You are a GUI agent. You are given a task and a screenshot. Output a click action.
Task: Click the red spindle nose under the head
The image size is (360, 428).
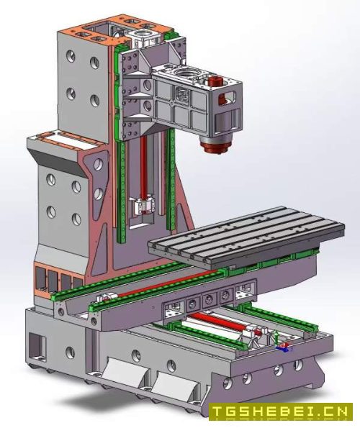216,147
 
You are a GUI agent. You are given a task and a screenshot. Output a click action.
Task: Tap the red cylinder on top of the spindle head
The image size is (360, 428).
216,81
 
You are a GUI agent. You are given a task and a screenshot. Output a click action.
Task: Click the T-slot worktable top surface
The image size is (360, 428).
246,232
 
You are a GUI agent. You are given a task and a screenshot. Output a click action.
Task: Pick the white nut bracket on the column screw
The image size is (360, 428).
145,205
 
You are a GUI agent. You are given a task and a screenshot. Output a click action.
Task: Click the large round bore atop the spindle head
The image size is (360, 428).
185,73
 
